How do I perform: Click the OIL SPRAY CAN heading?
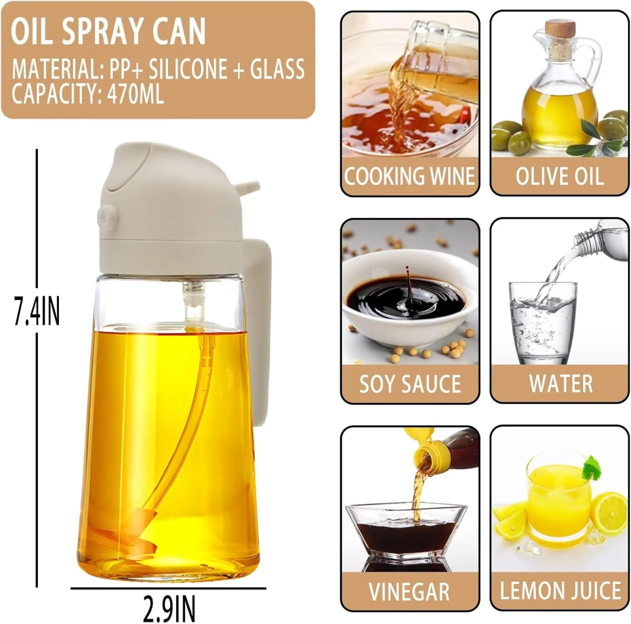click(x=108, y=32)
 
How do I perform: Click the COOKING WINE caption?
click(x=409, y=176)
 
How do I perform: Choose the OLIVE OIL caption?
click(x=559, y=176)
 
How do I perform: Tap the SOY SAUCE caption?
click(x=410, y=384)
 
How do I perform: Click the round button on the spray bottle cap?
click(x=105, y=217)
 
